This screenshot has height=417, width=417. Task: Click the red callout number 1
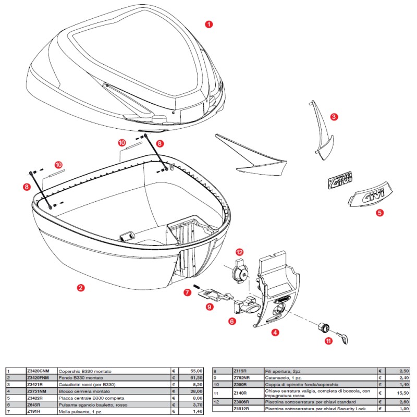[209, 24]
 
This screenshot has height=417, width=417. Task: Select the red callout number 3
[334, 117]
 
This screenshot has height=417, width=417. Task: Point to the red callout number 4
[275, 332]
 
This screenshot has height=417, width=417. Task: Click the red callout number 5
[379, 213]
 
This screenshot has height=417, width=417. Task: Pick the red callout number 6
[231, 322]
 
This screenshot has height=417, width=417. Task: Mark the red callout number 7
[187, 293]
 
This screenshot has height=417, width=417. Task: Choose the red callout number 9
[209, 308]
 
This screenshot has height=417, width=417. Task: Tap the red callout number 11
[328, 342]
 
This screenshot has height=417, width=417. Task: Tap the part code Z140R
[240, 393]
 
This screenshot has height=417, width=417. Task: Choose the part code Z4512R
[241, 409]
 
